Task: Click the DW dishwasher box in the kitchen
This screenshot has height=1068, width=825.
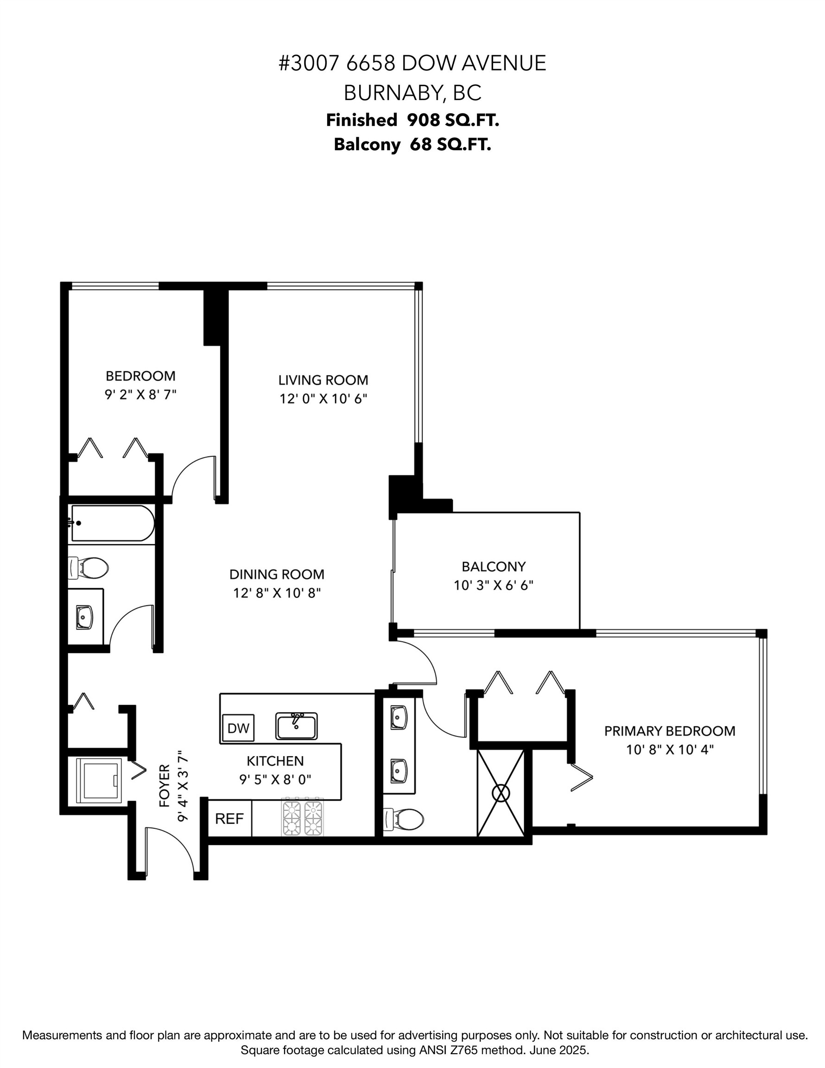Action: pos(238,728)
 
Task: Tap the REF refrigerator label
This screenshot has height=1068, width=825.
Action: pos(229,819)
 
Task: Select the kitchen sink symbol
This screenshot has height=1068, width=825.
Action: pos(296,726)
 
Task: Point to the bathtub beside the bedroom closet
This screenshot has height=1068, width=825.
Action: pos(113,523)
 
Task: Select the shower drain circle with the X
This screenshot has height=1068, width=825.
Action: pos(501,793)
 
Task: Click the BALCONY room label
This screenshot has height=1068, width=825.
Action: pos(494,566)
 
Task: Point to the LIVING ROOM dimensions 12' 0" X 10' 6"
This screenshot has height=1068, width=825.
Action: pos(323,399)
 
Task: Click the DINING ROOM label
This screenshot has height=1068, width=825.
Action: pos(277,574)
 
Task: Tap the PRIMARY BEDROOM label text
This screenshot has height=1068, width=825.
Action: pos(669,731)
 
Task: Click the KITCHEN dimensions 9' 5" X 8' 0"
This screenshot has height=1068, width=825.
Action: pos(275,780)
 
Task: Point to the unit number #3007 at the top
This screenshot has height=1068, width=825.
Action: pos(309,64)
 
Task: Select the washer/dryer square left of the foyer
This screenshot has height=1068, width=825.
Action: pos(99,781)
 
